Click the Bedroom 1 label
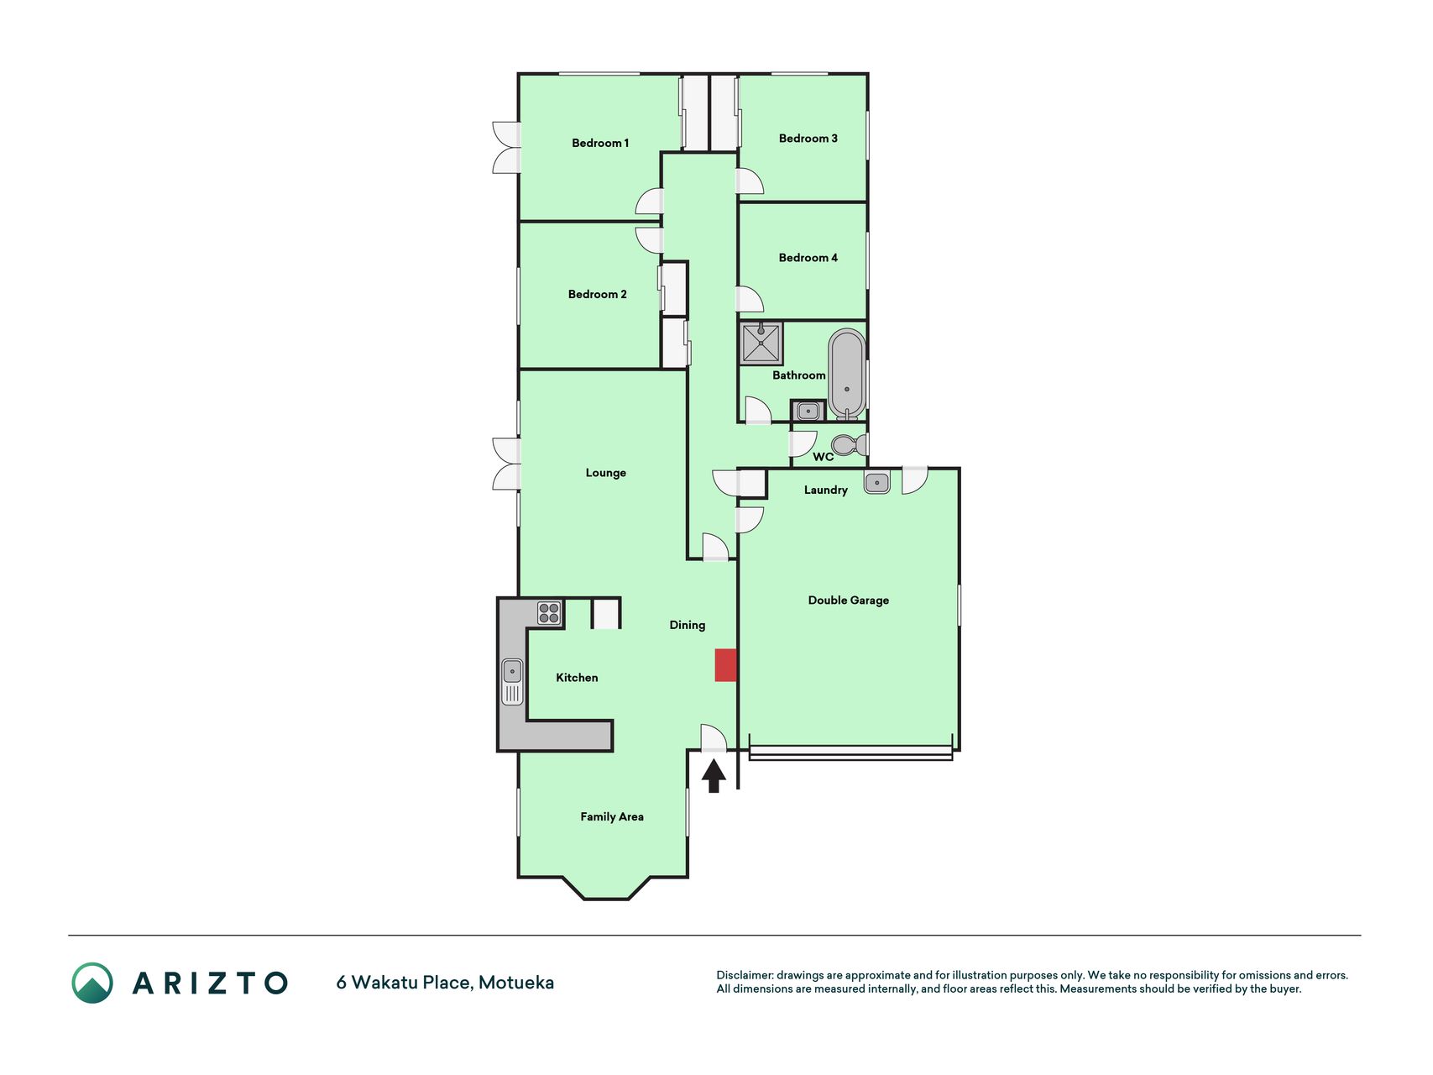[600, 144]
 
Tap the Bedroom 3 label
[808, 139]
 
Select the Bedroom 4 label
[808, 258]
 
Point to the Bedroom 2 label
[597, 294]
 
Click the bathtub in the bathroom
[847, 375]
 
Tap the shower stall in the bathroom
[761, 343]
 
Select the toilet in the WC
[850, 444]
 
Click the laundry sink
[876, 483]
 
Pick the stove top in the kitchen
[549, 613]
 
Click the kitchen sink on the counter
[512, 681]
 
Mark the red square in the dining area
[726, 665]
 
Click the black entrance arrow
[714, 776]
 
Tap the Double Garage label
[848, 600]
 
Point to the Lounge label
[605, 473]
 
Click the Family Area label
[612, 816]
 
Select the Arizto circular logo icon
[92, 983]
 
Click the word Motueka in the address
[516, 983]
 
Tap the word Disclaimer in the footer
[744, 975]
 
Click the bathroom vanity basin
[808, 411]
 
